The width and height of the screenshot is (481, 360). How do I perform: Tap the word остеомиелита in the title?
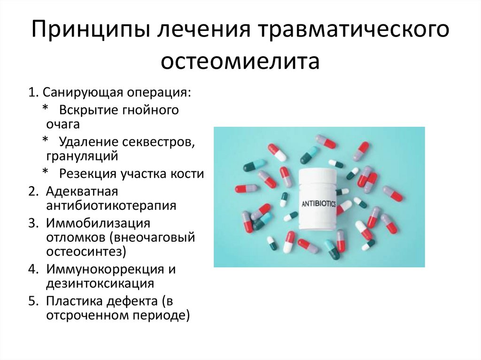pos(240,61)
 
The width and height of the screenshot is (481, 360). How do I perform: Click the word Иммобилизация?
pos(98,223)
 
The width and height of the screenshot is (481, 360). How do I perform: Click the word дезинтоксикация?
pos(100,283)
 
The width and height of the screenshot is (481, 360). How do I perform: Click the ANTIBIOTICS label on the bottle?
pos(318,203)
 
